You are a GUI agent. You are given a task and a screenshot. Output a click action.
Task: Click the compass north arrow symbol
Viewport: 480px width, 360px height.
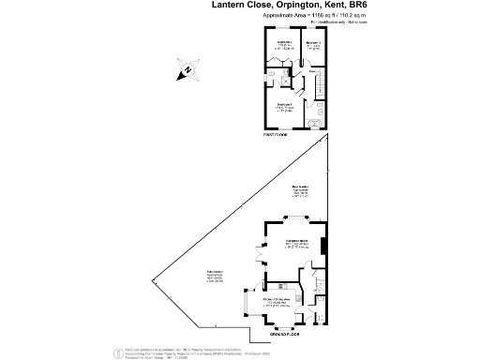click(x=187, y=68)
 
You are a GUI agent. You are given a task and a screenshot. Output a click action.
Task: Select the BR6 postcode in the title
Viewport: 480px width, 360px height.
click(x=371, y=6)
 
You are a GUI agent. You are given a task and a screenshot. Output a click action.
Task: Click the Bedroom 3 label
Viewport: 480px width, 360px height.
click(x=313, y=43)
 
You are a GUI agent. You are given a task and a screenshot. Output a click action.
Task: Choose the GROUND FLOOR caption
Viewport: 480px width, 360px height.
click(x=283, y=333)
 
